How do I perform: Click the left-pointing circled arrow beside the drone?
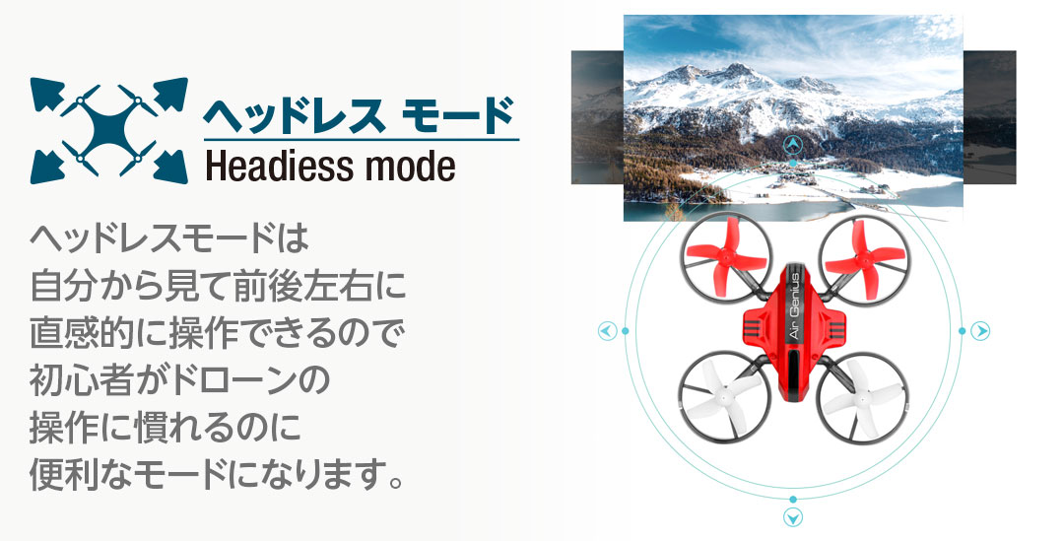[607, 331]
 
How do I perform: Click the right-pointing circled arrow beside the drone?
[979, 331]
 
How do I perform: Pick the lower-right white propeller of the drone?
[861, 398]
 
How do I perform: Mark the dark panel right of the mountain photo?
[989, 116]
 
